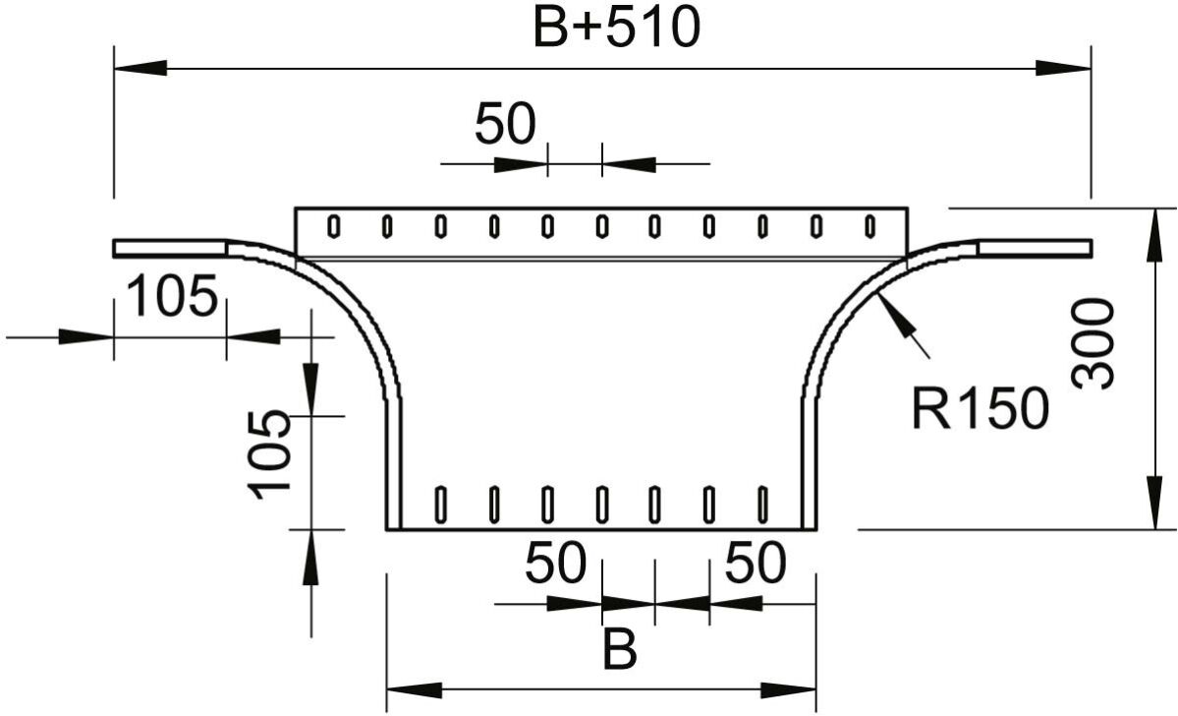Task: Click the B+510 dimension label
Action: point(616,28)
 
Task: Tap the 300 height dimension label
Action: point(1094,343)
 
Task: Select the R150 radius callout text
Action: point(980,408)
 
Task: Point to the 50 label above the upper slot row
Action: point(506,124)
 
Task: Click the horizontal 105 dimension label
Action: point(173,296)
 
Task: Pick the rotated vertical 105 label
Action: point(269,455)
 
